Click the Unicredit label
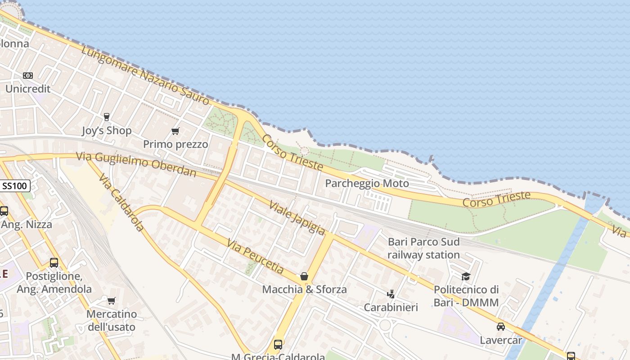click(28, 89)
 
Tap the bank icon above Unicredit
click(28, 76)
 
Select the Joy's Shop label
click(107, 131)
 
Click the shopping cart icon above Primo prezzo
click(175, 131)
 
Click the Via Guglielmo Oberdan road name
click(136, 164)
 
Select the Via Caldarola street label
click(121, 202)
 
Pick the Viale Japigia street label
click(297, 218)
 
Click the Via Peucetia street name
click(255, 256)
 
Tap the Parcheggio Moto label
click(367, 184)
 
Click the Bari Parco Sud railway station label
click(423, 248)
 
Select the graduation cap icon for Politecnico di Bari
click(466, 276)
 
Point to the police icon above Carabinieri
click(391, 294)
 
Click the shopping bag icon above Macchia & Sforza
click(304, 276)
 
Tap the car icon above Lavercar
click(500, 327)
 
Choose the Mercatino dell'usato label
click(112, 320)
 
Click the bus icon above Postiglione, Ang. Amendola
click(54, 263)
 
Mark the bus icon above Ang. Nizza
click(4, 211)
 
